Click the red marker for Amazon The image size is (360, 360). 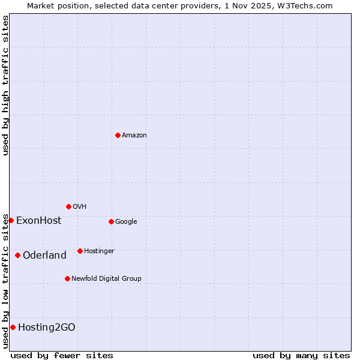pyautogui.click(x=118, y=135)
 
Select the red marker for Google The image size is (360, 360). pyautogui.click(x=111, y=221)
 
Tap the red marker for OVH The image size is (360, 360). pyautogui.click(x=68, y=206)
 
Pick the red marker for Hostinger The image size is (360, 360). pyautogui.click(x=80, y=251)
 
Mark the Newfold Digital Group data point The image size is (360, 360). pyautogui.click(x=67, y=278)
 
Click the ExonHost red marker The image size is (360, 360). pyautogui.click(x=11, y=220)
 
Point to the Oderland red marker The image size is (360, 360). pyautogui.click(x=17, y=255)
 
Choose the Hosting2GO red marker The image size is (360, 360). pyautogui.click(x=13, y=327)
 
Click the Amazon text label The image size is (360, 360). pyautogui.click(x=134, y=135)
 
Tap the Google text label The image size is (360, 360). pyautogui.click(x=126, y=221)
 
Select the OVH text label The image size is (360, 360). pyautogui.click(x=80, y=206)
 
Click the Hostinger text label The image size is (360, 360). pyautogui.click(x=99, y=251)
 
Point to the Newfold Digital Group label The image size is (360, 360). pyautogui.click(x=106, y=278)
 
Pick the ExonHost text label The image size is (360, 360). pyautogui.click(x=38, y=220)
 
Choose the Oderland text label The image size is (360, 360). pyautogui.click(x=44, y=255)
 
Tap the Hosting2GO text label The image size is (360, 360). pyautogui.click(x=47, y=327)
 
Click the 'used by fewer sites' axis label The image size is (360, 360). pyautogui.click(x=62, y=355)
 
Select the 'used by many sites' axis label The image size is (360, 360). pyautogui.click(x=301, y=355)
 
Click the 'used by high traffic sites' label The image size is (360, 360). pyautogui.click(x=5, y=85)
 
